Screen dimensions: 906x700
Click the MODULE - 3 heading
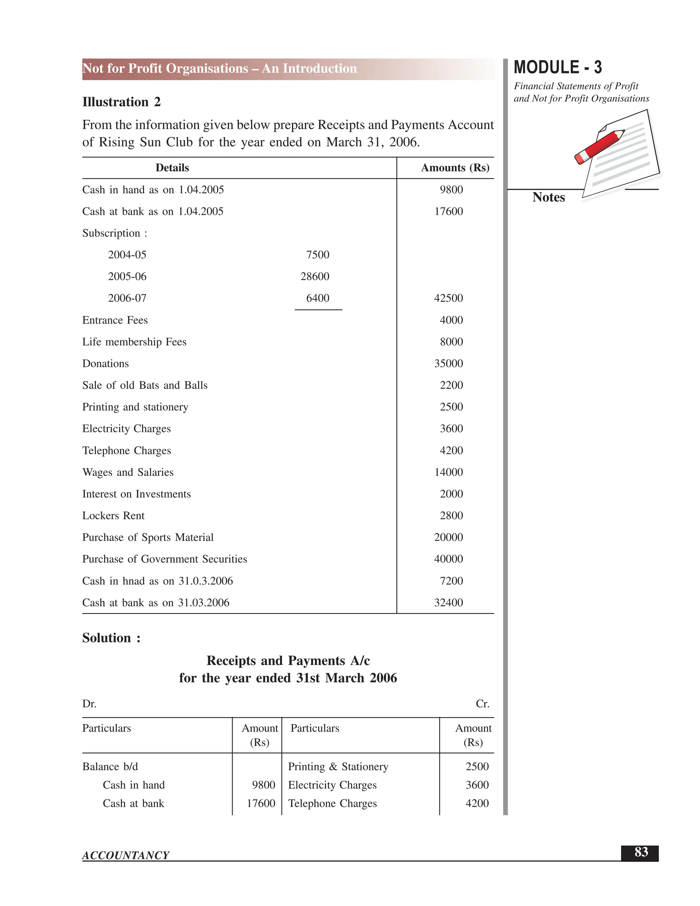pyautogui.click(x=557, y=67)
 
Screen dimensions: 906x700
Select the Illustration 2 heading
pyautogui.click(x=121, y=102)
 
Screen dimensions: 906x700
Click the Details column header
pyautogui.click(x=172, y=168)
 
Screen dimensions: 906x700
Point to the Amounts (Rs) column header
pyautogui.click(x=455, y=168)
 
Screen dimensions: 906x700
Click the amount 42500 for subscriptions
pyautogui.click(x=448, y=298)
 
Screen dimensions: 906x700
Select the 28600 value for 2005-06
pyautogui.click(x=315, y=277)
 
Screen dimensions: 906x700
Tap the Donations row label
pyautogui.click(x=105, y=364)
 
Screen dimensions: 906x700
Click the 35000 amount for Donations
pyautogui.click(x=448, y=364)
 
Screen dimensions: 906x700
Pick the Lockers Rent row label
pyautogui.click(x=113, y=516)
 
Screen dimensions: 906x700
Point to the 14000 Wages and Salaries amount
pyautogui.click(x=448, y=472)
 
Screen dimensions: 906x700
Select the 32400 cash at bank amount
pyautogui.click(x=448, y=603)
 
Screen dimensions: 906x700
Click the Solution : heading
pyautogui.click(x=111, y=638)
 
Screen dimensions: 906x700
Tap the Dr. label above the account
pyautogui.click(x=89, y=704)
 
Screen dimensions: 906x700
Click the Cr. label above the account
pyautogui.click(x=482, y=704)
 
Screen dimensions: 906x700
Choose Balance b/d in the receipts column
pyautogui.click(x=110, y=767)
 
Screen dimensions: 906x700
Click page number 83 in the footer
pyautogui.click(x=641, y=852)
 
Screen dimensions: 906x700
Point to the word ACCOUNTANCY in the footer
pyautogui.click(x=126, y=855)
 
